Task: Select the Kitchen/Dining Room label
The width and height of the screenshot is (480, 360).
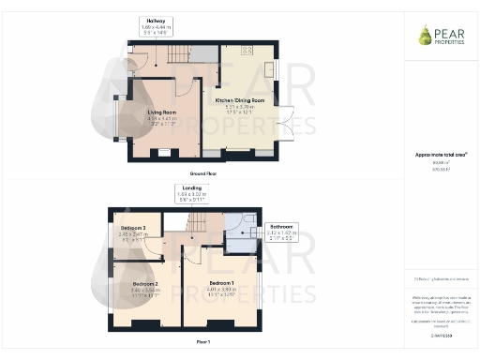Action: (x=241, y=99)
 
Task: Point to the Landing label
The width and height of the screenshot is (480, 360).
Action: (x=191, y=187)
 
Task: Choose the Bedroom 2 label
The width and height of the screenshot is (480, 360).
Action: (x=144, y=283)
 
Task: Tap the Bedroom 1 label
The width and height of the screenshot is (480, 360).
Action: (x=221, y=283)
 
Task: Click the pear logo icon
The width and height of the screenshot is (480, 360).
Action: (x=426, y=35)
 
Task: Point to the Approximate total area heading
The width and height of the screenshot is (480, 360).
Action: (x=441, y=153)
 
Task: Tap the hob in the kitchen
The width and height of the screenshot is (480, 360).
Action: (x=248, y=51)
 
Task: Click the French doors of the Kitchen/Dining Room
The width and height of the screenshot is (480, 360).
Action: (x=288, y=124)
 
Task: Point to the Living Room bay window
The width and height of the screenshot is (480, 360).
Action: (x=115, y=115)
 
